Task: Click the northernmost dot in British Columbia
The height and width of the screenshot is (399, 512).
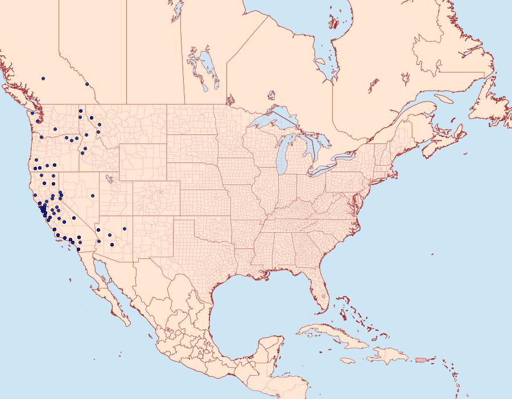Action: [43, 79]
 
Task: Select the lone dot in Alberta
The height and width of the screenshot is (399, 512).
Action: [87, 84]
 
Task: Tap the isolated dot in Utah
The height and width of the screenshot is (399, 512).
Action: [92, 196]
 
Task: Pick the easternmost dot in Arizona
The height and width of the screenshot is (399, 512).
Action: [124, 229]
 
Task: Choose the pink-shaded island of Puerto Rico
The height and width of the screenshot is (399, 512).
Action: [422, 359]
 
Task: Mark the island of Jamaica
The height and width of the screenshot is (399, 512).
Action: [349, 360]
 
